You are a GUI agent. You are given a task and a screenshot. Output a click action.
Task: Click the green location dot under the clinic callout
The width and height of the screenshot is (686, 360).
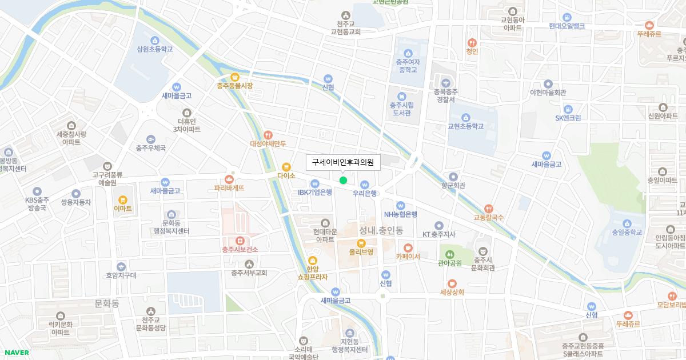click(343, 181)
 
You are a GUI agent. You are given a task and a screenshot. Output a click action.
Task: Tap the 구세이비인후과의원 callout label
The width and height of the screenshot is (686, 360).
click(342, 162)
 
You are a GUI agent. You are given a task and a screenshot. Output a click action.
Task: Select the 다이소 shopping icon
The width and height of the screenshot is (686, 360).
click(286, 166)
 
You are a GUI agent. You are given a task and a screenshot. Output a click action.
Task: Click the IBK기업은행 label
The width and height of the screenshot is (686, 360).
click(314, 193)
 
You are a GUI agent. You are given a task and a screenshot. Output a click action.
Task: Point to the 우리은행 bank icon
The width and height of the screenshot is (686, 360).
click(365, 184)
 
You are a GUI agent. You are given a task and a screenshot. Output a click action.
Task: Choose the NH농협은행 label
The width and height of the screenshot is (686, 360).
click(400, 214)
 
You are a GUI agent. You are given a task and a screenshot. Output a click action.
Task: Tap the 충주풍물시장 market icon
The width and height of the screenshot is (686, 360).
click(234, 77)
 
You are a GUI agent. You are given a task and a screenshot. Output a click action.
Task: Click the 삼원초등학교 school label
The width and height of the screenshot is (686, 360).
click(154, 49)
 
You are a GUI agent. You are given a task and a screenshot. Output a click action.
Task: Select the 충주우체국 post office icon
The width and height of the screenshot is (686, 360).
click(150, 139)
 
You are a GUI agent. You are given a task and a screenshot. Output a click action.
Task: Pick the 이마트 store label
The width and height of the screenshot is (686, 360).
click(122, 209)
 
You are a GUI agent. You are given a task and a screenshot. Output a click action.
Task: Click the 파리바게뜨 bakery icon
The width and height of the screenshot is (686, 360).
click(229, 178)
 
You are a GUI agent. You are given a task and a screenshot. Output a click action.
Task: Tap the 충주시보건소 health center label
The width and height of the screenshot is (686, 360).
click(240, 249)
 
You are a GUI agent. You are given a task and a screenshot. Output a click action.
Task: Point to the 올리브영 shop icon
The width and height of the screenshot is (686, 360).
click(361, 243)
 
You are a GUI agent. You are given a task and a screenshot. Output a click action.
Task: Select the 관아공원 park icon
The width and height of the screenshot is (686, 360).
click(449, 254)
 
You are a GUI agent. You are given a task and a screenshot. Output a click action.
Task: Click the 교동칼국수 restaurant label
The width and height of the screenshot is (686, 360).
click(488, 218)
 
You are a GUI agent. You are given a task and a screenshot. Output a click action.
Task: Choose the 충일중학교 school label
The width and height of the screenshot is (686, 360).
click(627, 232)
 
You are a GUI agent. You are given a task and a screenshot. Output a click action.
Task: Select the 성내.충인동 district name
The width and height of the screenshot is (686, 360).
click(381, 231)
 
